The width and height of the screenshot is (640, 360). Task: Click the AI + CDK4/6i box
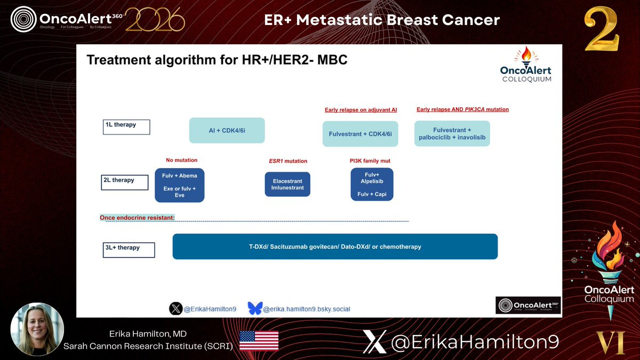pos(227,130)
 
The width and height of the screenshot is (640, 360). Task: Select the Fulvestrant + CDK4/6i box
pos(361,134)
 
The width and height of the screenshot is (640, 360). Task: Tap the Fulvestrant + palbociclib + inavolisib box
pos(452,133)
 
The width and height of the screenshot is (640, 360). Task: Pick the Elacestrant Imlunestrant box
pos(287,185)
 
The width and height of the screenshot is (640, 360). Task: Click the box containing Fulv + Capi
pos(372,185)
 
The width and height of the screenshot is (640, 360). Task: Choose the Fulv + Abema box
pos(179,185)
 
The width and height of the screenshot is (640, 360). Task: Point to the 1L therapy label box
pos(126,127)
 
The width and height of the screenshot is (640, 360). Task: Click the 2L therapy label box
pos(125,182)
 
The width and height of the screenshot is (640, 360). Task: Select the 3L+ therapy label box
pos(129,250)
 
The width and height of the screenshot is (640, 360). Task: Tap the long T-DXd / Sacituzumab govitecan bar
pos(335,246)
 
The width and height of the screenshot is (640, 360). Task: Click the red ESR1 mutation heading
pos(288,161)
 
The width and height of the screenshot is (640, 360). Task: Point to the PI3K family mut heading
pos(370,161)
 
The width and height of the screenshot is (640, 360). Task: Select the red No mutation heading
pos(182,160)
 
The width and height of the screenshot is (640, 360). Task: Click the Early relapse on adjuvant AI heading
pos(361,110)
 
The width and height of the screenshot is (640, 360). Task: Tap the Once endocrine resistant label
pos(137,218)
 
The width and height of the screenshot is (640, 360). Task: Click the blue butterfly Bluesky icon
pos(255,308)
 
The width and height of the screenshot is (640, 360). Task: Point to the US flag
pos(259,341)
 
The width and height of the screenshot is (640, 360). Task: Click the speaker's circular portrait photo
pos(37,329)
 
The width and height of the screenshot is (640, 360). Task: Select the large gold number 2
pos(602,29)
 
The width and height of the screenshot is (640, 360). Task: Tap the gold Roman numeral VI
pos(611,342)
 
